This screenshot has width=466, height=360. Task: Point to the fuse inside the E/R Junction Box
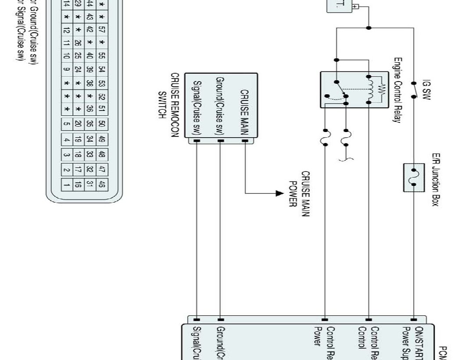coord(414,177)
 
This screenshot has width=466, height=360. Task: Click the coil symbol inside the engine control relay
coord(371,90)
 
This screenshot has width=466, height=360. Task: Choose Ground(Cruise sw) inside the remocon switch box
coord(220,105)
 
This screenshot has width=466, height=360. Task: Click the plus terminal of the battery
coord(356,7)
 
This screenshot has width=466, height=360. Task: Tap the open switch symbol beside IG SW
coord(413,90)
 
